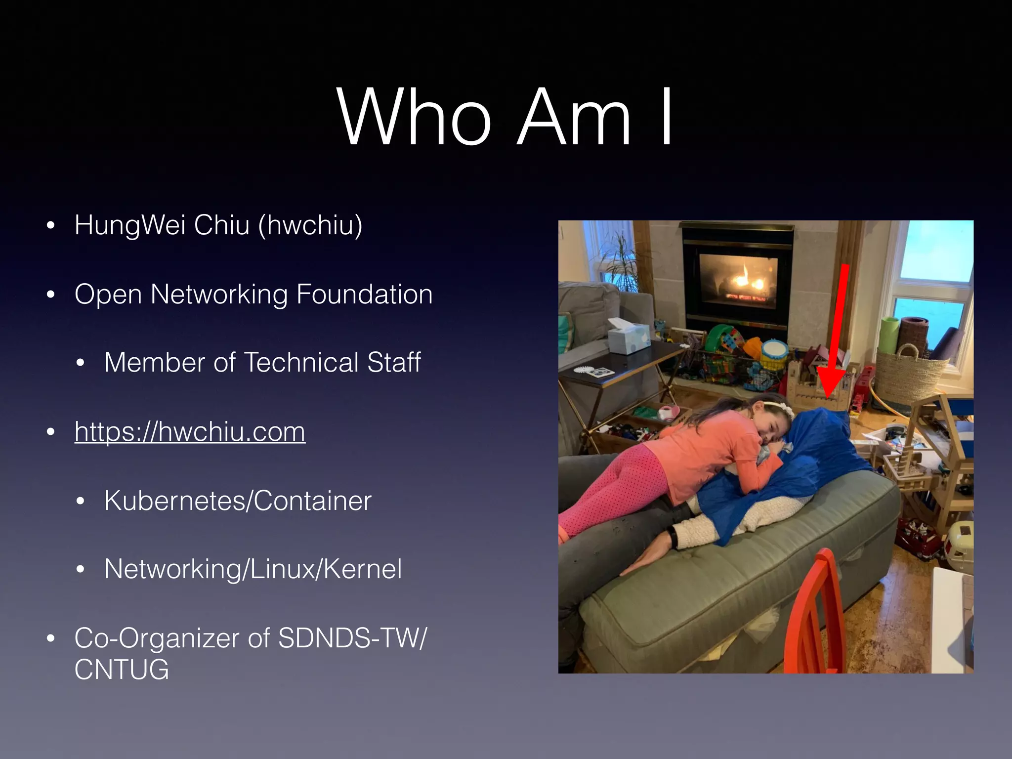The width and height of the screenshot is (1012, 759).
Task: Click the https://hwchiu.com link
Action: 190,431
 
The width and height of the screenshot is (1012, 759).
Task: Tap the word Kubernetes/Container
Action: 238,501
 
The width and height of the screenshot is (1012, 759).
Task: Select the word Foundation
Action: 364,294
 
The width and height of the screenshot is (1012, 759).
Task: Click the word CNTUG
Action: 122,670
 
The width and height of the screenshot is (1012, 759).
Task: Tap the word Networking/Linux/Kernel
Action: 253,569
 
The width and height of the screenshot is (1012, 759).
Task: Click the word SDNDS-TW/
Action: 352,638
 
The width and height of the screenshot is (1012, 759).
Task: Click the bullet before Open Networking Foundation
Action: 50,295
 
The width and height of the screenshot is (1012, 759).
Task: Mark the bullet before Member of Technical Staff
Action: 81,363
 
